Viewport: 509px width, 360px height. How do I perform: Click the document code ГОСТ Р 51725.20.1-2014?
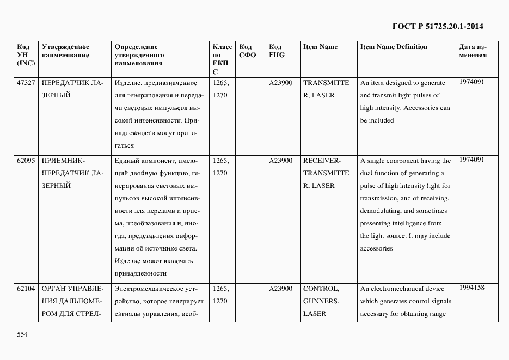click(x=438, y=26)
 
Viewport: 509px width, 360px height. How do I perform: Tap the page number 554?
click(x=21, y=335)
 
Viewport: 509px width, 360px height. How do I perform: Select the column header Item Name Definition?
click(x=394, y=47)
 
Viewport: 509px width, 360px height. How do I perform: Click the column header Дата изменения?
click(x=473, y=51)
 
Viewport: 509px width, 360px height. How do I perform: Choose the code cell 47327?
click(x=26, y=83)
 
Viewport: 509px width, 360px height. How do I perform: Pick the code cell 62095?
click(x=26, y=161)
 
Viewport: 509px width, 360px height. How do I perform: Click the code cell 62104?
click(x=26, y=289)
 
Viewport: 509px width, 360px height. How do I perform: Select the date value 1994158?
click(x=471, y=287)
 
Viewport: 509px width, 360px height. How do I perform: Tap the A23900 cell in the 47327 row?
click(x=281, y=83)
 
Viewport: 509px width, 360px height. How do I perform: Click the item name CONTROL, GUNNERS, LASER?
click(x=321, y=301)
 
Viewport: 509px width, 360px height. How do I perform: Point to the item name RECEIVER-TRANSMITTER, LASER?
click(x=326, y=173)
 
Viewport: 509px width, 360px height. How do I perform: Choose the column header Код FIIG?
click(x=277, y=51)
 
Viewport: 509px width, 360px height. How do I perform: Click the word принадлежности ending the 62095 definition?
click(x=140, y=273)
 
